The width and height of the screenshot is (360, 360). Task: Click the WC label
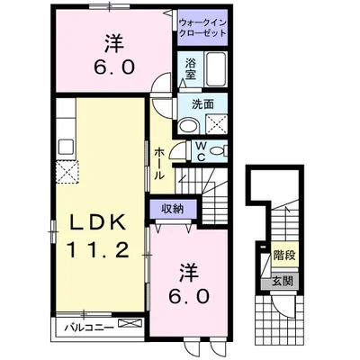(x=201, y=149)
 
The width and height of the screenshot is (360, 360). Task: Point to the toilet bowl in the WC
(x=220, y=151)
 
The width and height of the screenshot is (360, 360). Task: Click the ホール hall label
(x=159, y=164)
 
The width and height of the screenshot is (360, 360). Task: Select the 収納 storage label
(x=174, y=209)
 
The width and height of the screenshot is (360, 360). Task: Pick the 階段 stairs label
(x=284, y=255)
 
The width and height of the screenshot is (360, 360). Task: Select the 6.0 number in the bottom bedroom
(x=189, y=295)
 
